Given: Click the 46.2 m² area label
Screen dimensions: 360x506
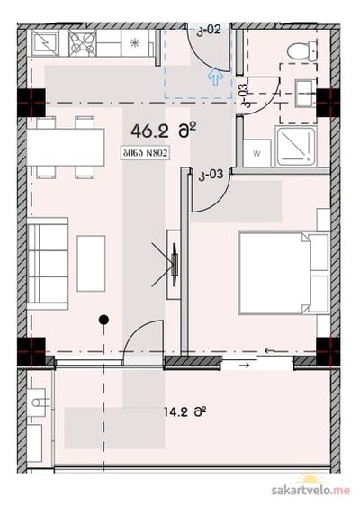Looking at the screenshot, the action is click(164, 131).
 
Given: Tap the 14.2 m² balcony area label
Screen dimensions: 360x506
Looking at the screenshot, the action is click(185, 411).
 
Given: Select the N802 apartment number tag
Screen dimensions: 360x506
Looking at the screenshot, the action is click(145, 153).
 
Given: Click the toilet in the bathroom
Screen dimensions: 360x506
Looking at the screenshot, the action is click(302, 50).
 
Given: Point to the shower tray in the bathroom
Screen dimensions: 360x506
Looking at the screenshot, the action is click(295, 145).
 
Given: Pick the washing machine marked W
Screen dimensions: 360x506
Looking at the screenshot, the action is click(256, 153).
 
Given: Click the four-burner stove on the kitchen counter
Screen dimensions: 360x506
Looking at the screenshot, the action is click(83, 43).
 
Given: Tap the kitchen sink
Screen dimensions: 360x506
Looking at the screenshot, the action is click(45, 43).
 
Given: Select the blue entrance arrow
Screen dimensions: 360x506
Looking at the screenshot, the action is click(215, 77).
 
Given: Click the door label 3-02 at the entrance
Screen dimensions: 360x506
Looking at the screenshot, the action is click(209, 31).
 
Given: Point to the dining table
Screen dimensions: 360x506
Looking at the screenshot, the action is click(66, 147).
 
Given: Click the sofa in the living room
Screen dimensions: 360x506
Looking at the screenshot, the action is click(48, 263).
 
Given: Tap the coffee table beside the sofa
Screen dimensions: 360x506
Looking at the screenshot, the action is click(91, 264).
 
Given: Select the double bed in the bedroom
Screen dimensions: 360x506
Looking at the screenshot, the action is click(283, 273).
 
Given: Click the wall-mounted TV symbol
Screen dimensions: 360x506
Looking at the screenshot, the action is click(175, 265).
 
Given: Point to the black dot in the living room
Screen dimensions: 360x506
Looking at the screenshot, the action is click(103, 320).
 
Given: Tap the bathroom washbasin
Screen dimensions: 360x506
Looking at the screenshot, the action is click(305, 93).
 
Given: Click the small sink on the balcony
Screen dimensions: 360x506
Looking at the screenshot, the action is click(38, 402).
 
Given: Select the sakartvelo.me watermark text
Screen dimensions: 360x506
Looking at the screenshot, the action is click(310, 490).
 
